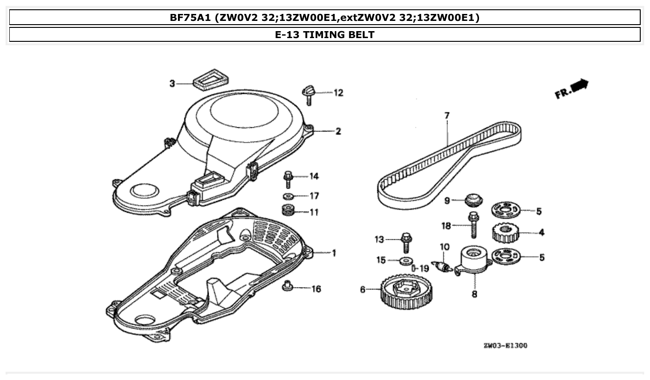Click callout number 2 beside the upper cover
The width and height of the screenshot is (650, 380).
pyautogui.click(x=338, y=131)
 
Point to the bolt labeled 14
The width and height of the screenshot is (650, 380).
pyautogui.click(x=288, y=179)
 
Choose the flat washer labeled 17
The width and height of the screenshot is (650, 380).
pyautogui.click(x=288, y=196)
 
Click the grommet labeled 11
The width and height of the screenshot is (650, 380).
pyautogui.click(x=289, y=210)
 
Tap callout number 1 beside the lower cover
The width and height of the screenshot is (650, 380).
pyautogui.click(x=333, y=253)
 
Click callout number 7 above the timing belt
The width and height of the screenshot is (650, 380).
pyautogui.click(x=447, y=115)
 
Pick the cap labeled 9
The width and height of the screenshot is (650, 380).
pyautogui.click(x=473, y=200)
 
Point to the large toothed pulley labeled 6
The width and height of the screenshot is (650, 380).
pyautogui.click(x=407, y=294)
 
